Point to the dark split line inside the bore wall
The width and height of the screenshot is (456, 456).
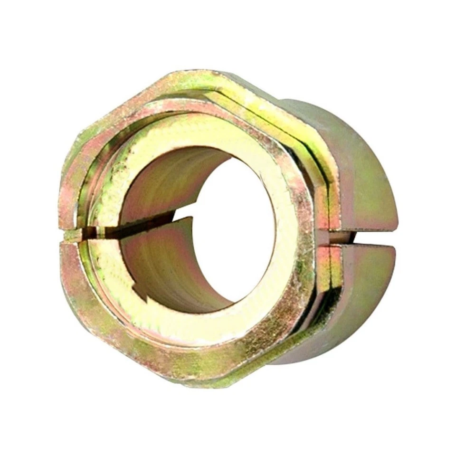[x=142, y=224]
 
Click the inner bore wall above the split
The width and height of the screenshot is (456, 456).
[x=166, y=185]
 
